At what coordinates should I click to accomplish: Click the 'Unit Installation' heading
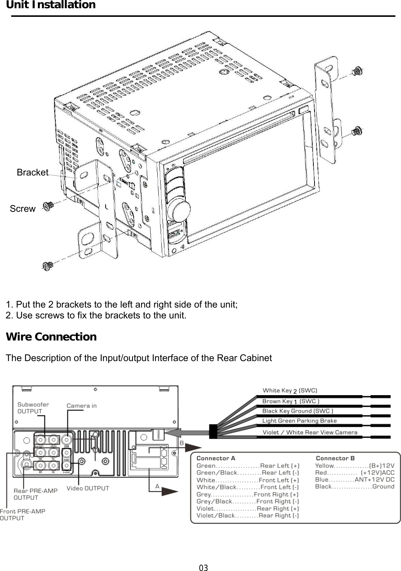click(51, 5)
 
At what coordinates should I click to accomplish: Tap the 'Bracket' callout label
click(33, 172)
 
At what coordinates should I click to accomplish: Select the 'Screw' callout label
click(22, 209)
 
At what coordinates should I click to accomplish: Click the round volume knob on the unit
click(179, 211)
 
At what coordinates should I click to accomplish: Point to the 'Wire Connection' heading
click(51, 337)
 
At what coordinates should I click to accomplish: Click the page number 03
click(203, 568)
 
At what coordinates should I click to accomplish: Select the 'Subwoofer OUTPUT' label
click(33, 408)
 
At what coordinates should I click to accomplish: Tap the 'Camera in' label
click(81, 406)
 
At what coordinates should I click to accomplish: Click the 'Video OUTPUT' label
click(88, 488)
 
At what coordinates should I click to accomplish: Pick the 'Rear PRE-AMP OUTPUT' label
click(35, 494)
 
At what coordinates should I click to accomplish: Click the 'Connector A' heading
click(216, 458)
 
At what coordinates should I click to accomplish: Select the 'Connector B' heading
click(335, 458)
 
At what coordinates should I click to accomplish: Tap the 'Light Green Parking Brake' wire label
click(299, 421)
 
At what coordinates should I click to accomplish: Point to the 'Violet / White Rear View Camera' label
click(310, 432)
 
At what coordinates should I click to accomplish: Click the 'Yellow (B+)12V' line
click(354, 466)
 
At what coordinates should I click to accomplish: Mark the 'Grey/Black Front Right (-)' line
click(247, 501)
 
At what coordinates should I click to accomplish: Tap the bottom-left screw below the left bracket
click(48, 266)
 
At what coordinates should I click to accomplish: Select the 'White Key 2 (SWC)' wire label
click(289, 391)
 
